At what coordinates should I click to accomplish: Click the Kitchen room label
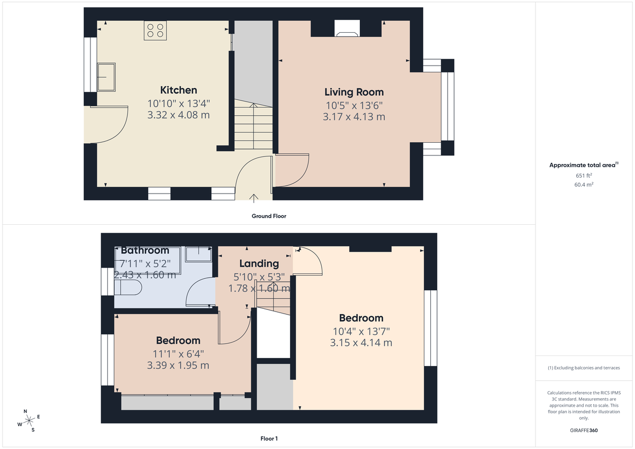click(x=178, y=90)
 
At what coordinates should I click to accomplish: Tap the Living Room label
click(x=353, y=93)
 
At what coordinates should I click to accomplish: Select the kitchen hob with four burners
click(x=156, y=30)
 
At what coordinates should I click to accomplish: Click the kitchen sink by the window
click(x=106, y=77)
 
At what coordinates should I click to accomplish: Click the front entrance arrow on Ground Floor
click(x=254, y=198)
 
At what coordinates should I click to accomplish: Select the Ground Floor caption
click(x=269, y=216)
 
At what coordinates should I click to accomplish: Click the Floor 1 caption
click(x=269, y=438)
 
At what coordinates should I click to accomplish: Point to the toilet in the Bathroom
click(x=128, y=288)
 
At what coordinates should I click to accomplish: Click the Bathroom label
click(x=145, y=250)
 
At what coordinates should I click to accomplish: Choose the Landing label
click(x=259, y=263)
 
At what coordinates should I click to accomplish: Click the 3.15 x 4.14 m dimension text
click(x=361, y=343)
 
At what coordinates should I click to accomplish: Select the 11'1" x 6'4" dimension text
click(x=178, y=354)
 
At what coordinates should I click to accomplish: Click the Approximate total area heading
click(x=583, y=165)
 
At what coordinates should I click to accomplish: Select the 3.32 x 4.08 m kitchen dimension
click(x=178, y=115)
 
